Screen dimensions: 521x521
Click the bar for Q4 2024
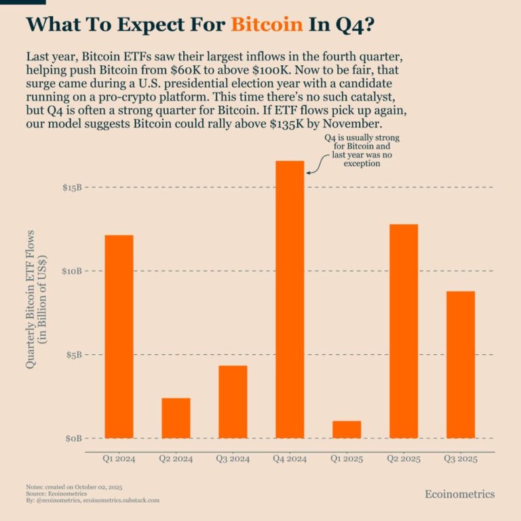[290, 299]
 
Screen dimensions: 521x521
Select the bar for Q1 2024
[119, 336]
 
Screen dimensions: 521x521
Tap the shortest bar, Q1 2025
[347, 429]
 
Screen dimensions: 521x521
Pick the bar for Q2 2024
[176, 418]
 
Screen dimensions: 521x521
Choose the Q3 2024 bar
[233, 402]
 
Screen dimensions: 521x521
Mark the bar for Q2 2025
[404, 331]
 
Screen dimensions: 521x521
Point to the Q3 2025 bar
[461, 364]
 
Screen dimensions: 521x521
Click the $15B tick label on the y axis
[69, 187]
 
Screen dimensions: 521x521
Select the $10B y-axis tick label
[69, 271]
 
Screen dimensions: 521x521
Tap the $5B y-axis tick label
[71, 355]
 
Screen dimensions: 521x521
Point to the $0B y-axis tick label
[71, 438]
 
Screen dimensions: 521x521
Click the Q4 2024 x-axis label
[290, 459]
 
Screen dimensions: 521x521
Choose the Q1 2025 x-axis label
[347, 459]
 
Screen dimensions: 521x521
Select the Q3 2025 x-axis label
[461, 459]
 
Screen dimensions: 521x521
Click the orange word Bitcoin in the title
[267, 24]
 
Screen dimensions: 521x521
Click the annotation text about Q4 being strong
[358, 151]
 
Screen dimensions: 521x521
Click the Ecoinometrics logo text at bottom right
[459, 494]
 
